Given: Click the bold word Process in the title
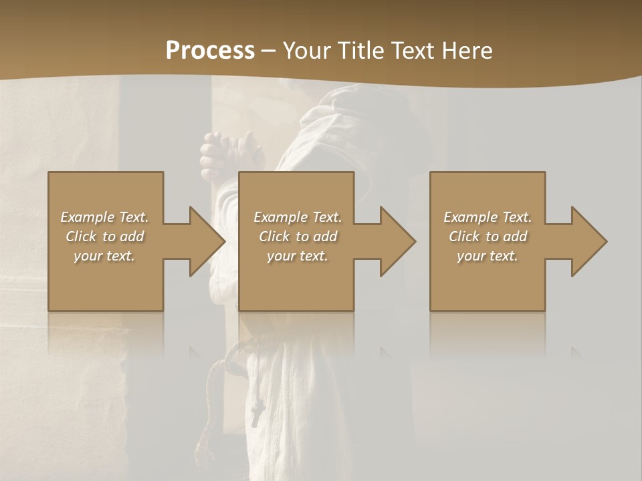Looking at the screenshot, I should tap(210, 51).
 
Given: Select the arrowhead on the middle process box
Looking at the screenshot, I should tap(394, 241).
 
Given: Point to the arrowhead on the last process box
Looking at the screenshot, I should tap(585, 241).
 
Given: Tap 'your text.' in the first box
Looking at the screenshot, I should tap(104, 256).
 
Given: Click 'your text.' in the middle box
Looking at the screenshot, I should tap(298, 256).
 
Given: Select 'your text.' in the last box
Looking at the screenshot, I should tap(488, 256).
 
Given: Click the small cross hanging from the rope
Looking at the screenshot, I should tap(257, 414).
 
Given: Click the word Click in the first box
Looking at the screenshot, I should tap(81, 236).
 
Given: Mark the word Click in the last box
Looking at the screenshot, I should tap(464, 236).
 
